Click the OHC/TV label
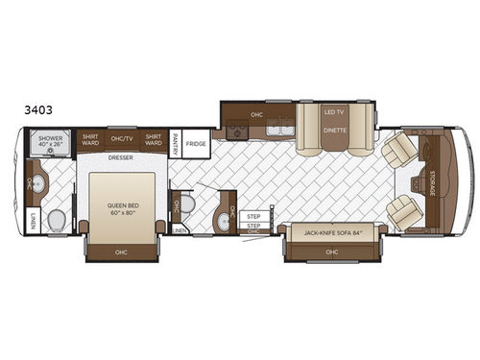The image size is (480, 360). pos(121,138)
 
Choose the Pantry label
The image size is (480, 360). pos(176,143)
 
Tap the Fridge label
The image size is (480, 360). pos(196,144)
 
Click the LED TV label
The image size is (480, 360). pos(333,113)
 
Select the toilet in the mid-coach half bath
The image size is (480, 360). pos(188,204)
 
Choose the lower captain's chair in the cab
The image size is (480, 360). pos(403,211)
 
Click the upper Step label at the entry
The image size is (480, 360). pos(253,217)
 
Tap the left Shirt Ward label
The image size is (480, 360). pos(90,138)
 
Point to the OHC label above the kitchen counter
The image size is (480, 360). pos(256,115)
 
